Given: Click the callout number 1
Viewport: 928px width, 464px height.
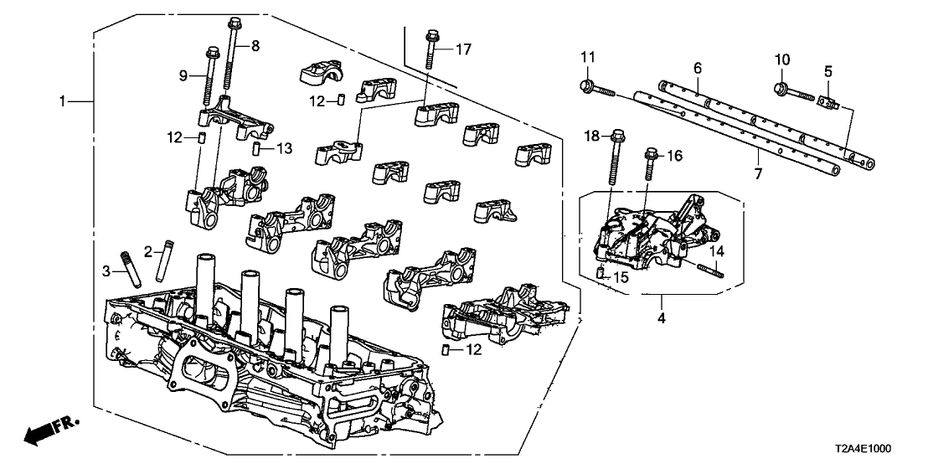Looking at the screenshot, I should click(x=62, y=101).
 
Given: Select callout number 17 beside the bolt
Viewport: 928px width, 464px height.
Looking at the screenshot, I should click(x=463, y=49).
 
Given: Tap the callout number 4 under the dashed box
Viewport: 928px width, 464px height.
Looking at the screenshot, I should click(x=662, y=319).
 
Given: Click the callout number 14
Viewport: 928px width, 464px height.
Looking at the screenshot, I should click(x=716, y=250).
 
